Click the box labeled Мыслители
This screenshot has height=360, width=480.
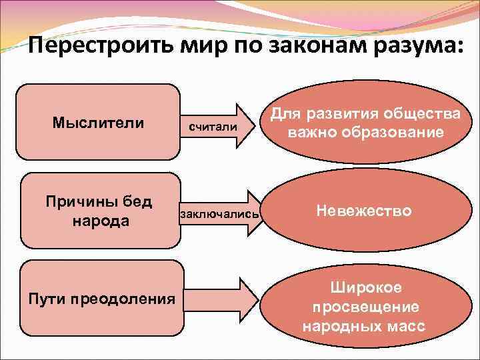(98, 122)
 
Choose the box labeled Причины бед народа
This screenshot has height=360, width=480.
(98, 210)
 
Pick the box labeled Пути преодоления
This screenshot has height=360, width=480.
(102, 298)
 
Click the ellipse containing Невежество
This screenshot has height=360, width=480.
(363, 211)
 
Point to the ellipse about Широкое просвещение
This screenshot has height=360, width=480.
(363, 307)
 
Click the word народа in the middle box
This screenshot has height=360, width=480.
(98, 221)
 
